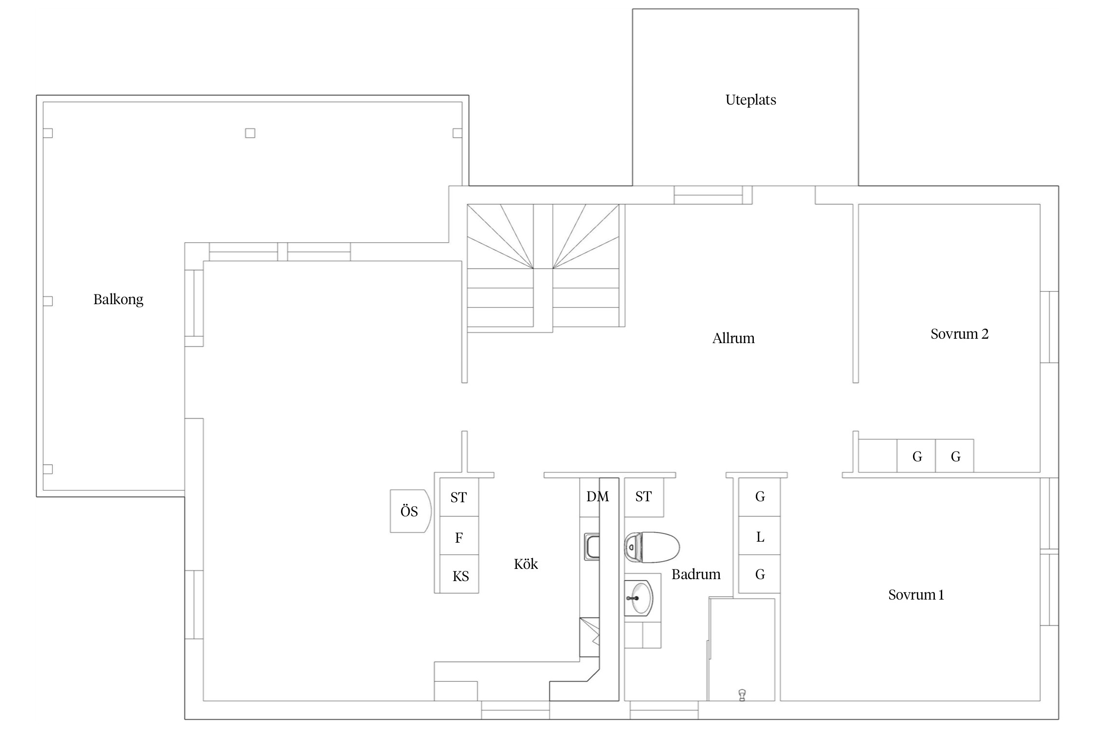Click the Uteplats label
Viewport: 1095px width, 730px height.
click(750, 100)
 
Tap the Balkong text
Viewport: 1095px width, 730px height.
click(118, 299)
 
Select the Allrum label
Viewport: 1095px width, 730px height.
click(733, 338)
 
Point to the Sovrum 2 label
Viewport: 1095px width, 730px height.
click(959, 334)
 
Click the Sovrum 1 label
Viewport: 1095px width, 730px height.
click(916, 595)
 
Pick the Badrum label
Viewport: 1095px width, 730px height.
click(696, 574)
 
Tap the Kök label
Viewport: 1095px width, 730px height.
click(526, 564)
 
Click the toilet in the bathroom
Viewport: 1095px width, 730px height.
click(652, 547)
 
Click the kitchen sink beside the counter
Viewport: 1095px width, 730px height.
click(592, 547)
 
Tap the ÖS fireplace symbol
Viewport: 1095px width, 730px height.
click(410, 511)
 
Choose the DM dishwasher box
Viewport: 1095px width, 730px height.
click(589, 497)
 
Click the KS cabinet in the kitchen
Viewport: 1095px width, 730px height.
click(459, 574)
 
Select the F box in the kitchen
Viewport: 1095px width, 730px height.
click(459, 535)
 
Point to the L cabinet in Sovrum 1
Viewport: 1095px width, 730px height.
click(760, 535)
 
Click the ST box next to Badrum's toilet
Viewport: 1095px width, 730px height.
click(644, 497)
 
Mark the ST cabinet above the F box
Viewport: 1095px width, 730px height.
click(459, 497)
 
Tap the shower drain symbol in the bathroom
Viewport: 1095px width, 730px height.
click(742, 695)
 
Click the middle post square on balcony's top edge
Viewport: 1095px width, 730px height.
click(250, 133)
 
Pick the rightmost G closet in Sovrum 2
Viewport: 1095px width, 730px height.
click(955, 456)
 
